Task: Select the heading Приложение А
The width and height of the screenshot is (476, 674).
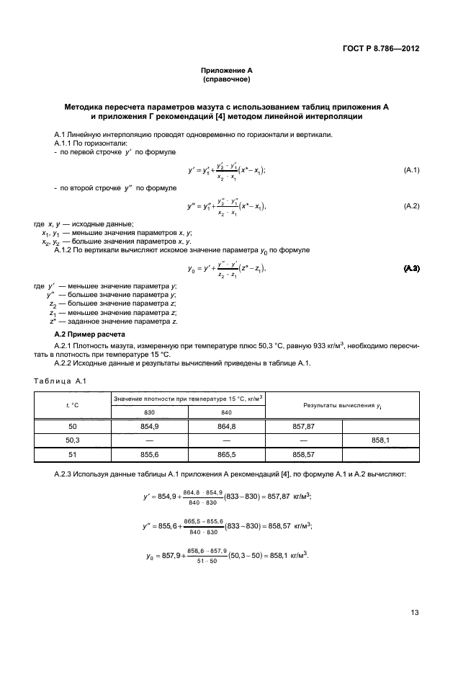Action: [x=226, y=70]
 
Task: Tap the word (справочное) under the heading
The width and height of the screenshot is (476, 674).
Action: [x=226, y=79]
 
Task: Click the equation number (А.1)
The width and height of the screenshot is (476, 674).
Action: [x=411, y=170]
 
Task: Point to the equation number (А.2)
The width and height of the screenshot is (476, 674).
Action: [x=411, y=207]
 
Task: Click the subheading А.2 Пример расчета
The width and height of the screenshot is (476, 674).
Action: [x=89, y=335]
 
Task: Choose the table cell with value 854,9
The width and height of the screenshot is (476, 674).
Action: [x=150, y=426]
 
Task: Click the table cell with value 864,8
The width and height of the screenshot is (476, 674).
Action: [x=227, y=426]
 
